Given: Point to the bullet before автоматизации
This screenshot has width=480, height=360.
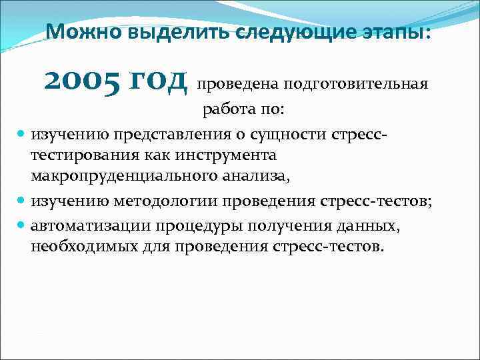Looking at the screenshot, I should coord(21,226).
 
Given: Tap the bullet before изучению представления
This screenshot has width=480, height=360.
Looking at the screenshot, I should coord(21,135).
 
